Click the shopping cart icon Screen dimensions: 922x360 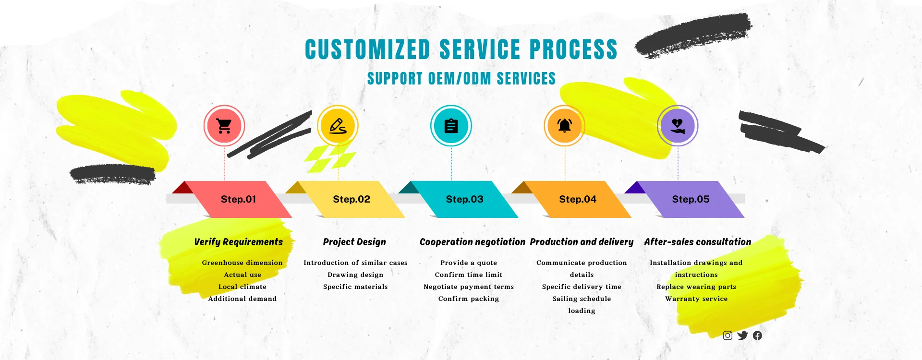[x=224, y=126]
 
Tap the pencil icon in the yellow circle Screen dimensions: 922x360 [x=338, y=126]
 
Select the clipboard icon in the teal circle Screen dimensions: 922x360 [x=451, y=126]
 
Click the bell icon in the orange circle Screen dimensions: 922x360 [x=564, y=126]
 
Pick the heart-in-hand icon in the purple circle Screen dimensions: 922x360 [x=678, y=126]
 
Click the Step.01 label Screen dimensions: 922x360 [x=238, y=199]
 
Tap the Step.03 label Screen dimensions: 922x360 [x=464, y=199]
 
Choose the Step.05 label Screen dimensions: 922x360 [x=691, y=199]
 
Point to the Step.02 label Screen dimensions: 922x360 [x=352, y=199]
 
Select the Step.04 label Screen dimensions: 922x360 [x=578, y=199]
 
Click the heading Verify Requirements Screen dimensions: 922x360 [x=239, y=242]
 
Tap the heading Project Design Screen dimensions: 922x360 [x=354, y=242]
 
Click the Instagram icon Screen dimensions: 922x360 [x=728, y=336]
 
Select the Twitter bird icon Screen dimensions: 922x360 [x=742, y=336]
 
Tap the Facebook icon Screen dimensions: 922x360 [x=757, y=336]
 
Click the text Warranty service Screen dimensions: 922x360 [x=696, y=299]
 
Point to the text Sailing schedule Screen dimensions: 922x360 [x=582, y=299]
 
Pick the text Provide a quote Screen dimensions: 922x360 [x=469, y=263]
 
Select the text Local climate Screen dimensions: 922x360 [x=243, y=287]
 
